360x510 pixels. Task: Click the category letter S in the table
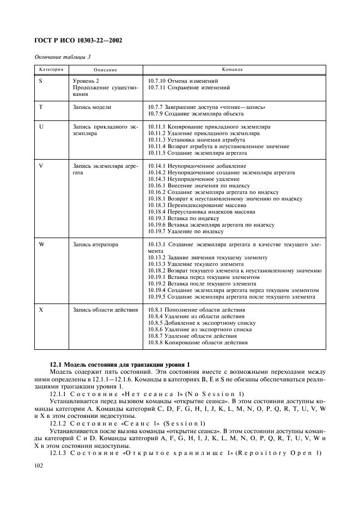click(x=41, y=81)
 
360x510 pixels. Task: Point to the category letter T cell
click(x=41, y=107)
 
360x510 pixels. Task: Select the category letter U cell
click(x=41, y=126)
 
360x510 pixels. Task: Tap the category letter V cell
click(x=41, y=166)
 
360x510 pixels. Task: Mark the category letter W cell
click(x=42, y=244)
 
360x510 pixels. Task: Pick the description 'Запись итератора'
click(x=95, y=244)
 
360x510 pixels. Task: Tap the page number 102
click(x=41, y=465)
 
